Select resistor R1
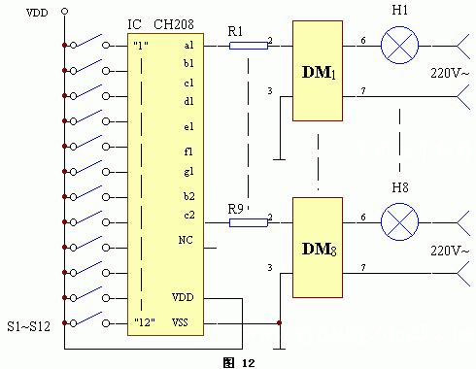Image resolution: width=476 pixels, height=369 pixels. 248,45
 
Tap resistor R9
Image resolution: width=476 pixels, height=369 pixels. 248,222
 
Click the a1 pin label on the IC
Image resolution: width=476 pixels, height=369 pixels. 187,45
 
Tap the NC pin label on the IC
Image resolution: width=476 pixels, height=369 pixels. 187,239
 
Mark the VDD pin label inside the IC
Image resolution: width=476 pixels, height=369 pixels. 183,297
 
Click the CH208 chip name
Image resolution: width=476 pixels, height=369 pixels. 173,23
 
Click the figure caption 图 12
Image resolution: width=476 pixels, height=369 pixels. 240,361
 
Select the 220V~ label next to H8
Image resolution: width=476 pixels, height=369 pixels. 451,250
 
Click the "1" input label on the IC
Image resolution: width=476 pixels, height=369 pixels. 141,46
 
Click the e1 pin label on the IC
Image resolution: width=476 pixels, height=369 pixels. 187,126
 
